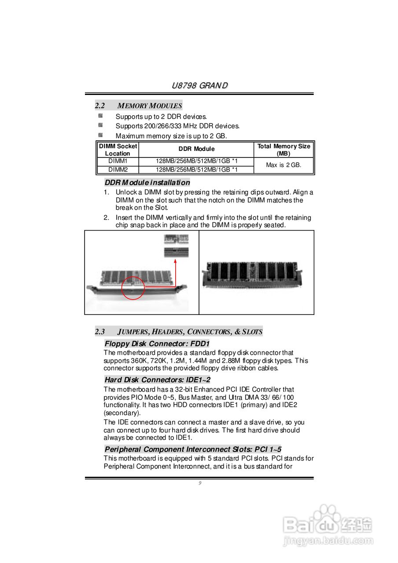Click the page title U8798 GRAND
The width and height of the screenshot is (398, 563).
[x=199, y=85]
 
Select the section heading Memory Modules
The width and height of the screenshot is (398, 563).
[x=150, y=106]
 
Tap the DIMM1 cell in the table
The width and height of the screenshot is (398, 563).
[x=118, y=161]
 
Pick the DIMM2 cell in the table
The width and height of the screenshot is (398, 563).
[x=118, y=169]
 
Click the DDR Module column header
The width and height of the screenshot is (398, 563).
[x=196, y=149]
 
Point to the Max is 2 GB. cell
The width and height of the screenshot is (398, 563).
[x=284, y=165]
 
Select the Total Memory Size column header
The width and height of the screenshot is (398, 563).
[x=284, y=150]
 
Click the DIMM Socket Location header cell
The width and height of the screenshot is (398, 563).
[x=118, y=150]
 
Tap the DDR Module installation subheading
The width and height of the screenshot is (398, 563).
[x=147, y=183]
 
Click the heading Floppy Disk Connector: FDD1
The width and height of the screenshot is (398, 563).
[x=157, y=344]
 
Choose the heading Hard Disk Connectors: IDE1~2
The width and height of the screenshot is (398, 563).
[x=157, y=380]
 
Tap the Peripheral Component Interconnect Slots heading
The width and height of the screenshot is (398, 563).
[x=193, y=449]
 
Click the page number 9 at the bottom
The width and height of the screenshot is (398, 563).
[x=199, y=483]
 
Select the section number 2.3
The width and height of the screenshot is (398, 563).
[x=100, y=332]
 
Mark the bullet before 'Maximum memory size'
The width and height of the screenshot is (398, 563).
[x=100, y=135]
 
